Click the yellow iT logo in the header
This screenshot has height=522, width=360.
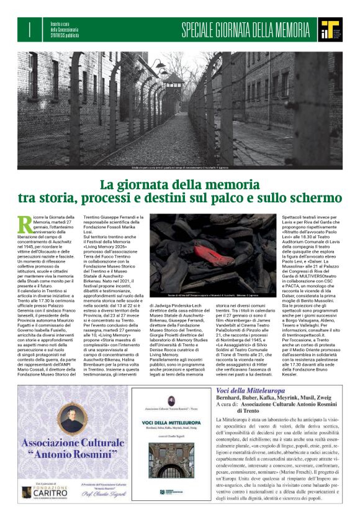[328, 27]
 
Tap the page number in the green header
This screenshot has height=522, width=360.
[29, 29]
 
